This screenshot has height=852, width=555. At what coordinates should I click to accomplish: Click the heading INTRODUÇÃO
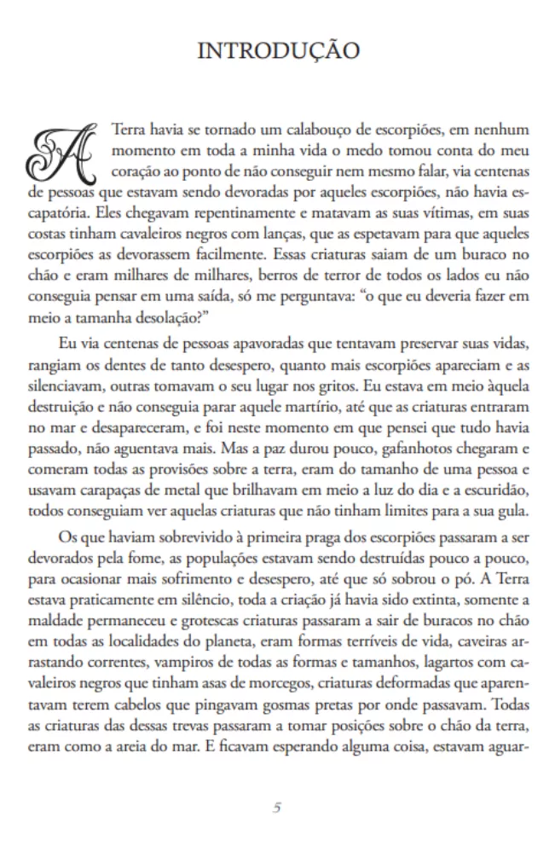277,51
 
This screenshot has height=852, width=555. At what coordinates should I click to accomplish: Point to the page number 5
277,807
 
